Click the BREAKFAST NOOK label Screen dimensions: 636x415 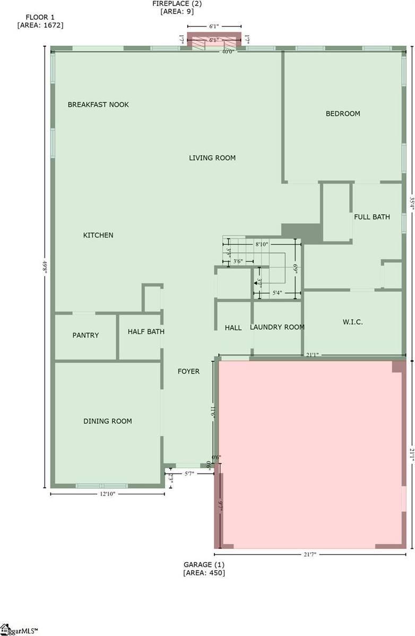point(98,105)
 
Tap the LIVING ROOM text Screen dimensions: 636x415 point(212,158)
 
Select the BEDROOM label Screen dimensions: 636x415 point(343,114)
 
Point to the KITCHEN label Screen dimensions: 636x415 point(98,235)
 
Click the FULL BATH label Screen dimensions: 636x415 point(372,217)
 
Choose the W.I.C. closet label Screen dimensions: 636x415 point(353,322)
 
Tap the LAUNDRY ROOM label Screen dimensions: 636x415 point(277,327)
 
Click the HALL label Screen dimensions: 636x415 point(233,328)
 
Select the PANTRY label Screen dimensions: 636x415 point(85,335)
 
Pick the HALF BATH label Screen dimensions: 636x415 point(146,332)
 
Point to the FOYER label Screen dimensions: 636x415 point(188,371)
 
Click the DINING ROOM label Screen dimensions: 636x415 point(108,421)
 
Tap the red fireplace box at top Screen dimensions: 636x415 point(215,41)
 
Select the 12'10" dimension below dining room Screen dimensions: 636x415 point(108,494)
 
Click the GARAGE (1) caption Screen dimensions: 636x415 point(204,564)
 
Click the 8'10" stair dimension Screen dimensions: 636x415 point(262,244)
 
